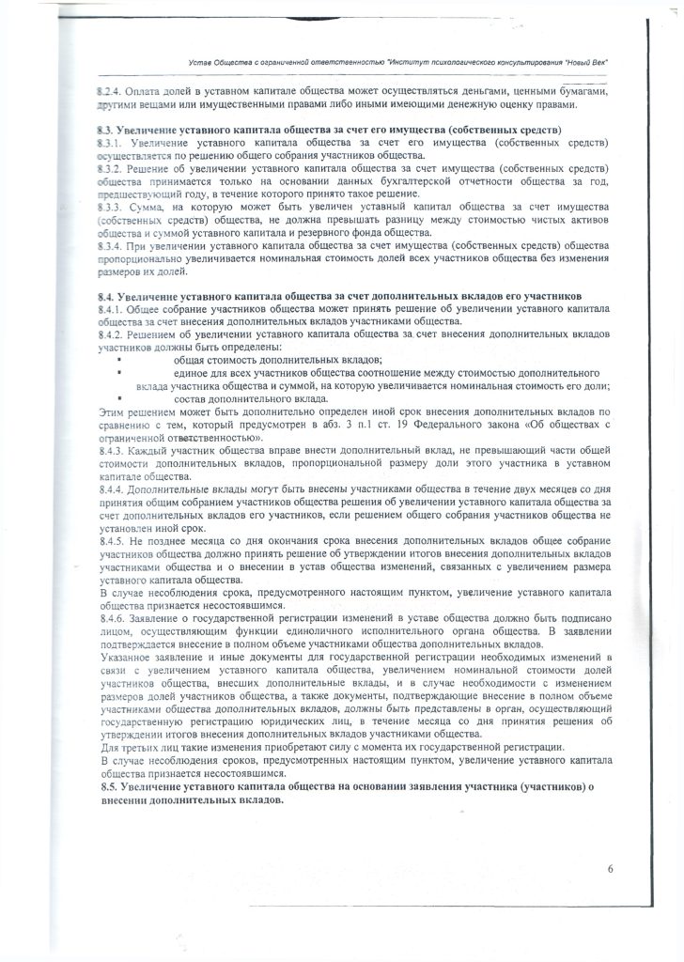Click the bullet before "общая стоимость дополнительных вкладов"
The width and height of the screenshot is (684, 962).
(x=120, y=361)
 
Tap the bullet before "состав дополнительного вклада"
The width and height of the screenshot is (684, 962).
(x=120, y=398)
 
